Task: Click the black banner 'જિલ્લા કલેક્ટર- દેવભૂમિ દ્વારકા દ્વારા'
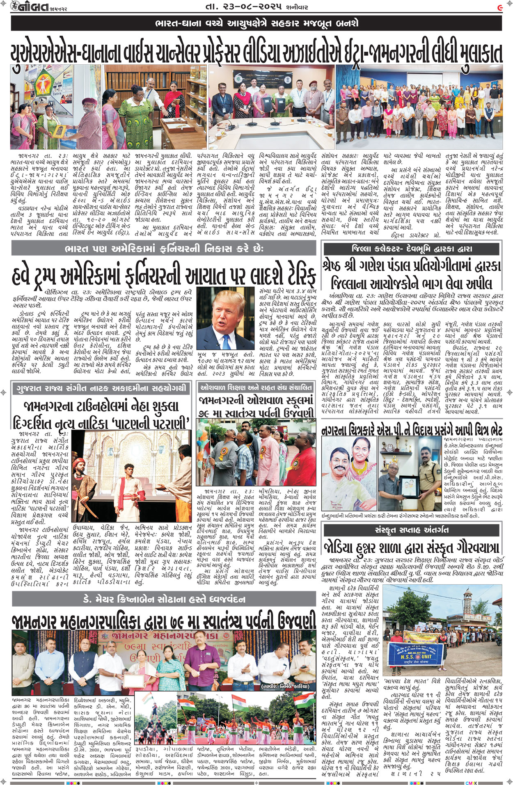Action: (x=411, y=249)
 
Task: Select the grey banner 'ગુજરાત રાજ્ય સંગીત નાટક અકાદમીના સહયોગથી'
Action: (x=101, y=388)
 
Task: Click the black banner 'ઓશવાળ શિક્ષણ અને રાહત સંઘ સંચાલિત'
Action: (x=256, y=388)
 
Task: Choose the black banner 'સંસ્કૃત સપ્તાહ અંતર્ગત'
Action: (x=411, y=530)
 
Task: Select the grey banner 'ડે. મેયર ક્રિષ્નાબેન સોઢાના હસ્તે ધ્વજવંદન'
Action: (x=164, y=599)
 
